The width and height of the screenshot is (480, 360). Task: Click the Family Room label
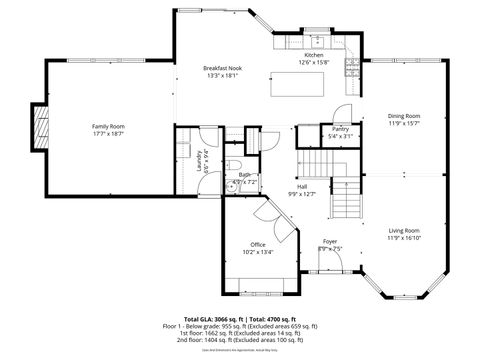[108, 126]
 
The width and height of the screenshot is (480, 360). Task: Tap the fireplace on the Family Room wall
[40, 125]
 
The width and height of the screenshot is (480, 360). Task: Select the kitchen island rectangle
[297, 85]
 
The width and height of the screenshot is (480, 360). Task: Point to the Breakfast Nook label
[222, 66]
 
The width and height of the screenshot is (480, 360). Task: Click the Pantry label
[341, 129]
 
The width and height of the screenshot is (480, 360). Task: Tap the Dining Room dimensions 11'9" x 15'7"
[404, 124]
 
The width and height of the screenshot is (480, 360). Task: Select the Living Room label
[404, 231]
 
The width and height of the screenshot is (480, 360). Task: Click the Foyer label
[330, 241]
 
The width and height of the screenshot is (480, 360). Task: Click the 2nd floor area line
[240, 340]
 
